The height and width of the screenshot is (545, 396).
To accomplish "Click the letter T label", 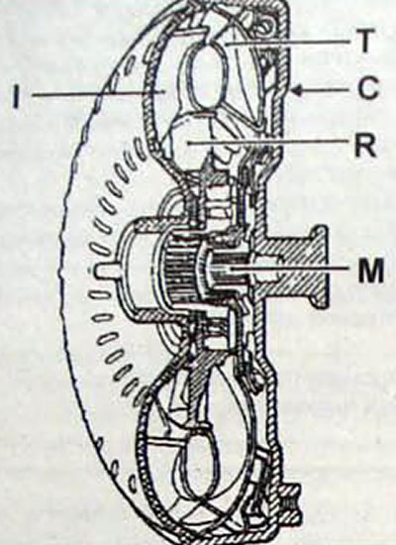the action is pos(363,41).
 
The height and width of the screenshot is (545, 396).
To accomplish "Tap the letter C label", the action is pos(367,88).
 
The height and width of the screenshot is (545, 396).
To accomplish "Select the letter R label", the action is pos(365,146).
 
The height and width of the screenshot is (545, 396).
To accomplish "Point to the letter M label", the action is pos(371,270).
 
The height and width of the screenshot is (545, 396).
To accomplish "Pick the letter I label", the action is pos(16,95).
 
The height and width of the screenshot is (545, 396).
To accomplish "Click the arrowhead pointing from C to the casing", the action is pos(298,90).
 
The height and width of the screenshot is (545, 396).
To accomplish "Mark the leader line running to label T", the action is pos(287,43).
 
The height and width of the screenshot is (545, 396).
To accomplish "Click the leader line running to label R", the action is pos(266,141).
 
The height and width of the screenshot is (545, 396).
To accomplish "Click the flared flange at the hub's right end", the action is pos(318,267).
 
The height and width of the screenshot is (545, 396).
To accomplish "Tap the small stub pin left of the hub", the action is pos(106,271).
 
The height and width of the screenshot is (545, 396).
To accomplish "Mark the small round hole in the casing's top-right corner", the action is pos(267,26).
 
